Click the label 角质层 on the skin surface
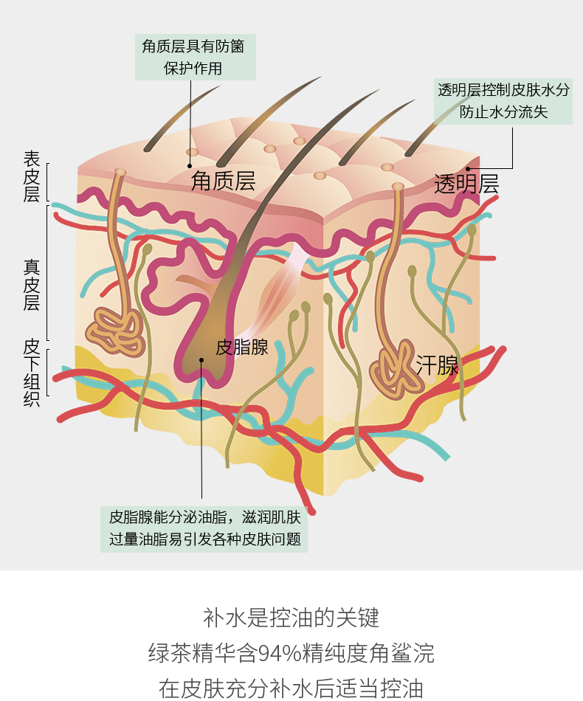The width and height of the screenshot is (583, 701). [x=223, y=182]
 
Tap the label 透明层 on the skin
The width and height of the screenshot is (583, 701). [x=466, y=184]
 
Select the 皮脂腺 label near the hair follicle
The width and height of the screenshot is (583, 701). [x=242, y=347]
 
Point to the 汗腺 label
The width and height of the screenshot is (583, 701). [x=437, y=365]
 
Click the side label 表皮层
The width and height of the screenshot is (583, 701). [x=31, y=176]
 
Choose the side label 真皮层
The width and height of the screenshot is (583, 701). [x=31, y=285]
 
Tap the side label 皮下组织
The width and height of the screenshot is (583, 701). [x=31, y=372]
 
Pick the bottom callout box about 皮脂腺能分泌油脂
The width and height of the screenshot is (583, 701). [x=204, y=528]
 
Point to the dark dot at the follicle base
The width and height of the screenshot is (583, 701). [x=201, y=360]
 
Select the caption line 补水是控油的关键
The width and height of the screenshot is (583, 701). [x=291, y=617]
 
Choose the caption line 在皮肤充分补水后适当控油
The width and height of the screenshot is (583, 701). [x=291, y=688]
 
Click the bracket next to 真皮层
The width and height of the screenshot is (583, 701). [x=48, y=272]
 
